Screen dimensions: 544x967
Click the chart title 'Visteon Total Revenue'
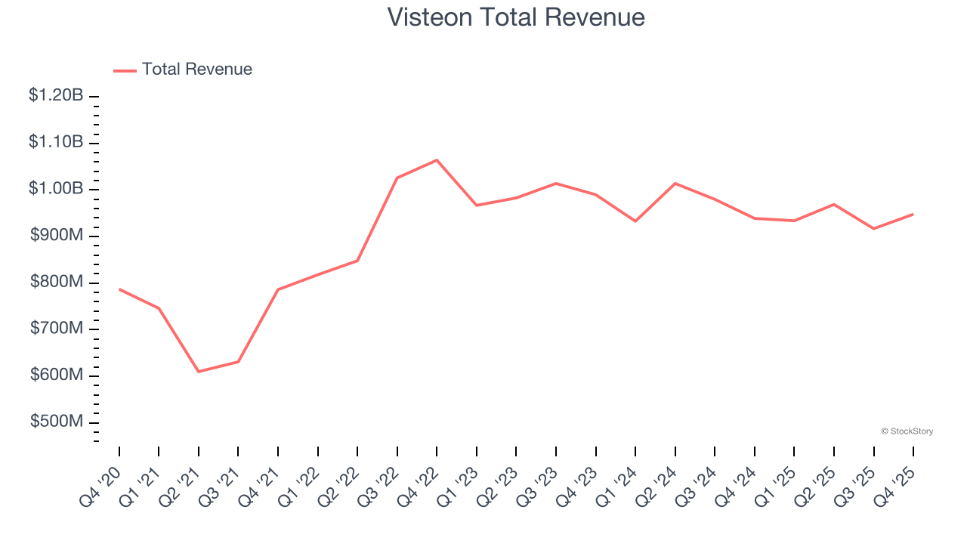(516, 17)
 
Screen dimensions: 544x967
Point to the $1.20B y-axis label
(56, 96)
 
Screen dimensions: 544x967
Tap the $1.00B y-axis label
(56, 189)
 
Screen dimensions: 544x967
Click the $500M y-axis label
(57, 422)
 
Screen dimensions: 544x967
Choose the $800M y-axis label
(57, 283)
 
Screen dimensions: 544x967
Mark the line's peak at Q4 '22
(437, 160)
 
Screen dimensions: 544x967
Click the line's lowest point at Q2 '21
(199, 372)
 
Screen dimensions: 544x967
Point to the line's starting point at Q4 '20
(119, 289)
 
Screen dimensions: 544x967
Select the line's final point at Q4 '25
(913, 215)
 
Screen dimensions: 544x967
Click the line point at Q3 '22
(397, 178)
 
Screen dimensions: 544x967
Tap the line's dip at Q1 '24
(635, 221)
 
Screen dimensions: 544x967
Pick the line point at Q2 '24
(675, 183)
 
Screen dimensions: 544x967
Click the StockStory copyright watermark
(907, 431)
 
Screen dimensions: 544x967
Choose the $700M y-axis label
(57, 329)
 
